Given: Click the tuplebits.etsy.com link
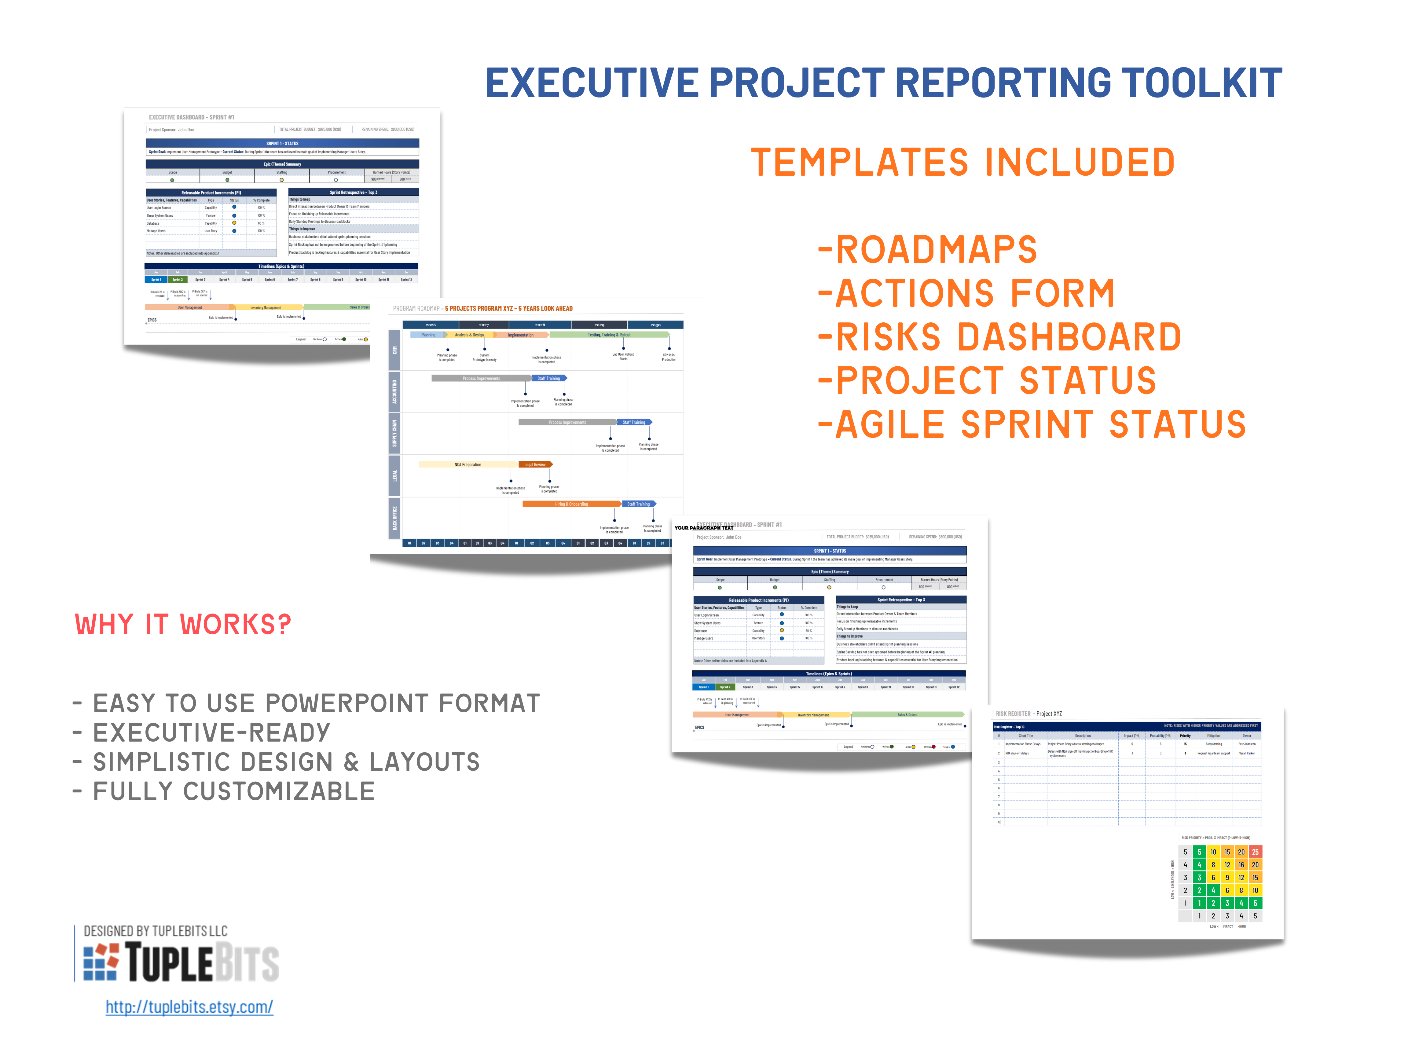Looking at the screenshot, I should [189, 1007].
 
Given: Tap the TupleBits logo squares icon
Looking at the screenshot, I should [101, 961].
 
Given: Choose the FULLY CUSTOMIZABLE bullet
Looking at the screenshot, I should [234, 791].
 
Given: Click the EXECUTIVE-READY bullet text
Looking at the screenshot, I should [211, 733].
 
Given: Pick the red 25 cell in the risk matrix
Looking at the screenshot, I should [1255, 852].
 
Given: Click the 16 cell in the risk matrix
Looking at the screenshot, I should [1241, 864].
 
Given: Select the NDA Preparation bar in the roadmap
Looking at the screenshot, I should [468, 465].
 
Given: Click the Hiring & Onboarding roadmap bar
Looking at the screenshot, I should [571, 504].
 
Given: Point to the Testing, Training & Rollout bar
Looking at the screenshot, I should [609, 335].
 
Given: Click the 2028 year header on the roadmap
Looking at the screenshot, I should [540, 324].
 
